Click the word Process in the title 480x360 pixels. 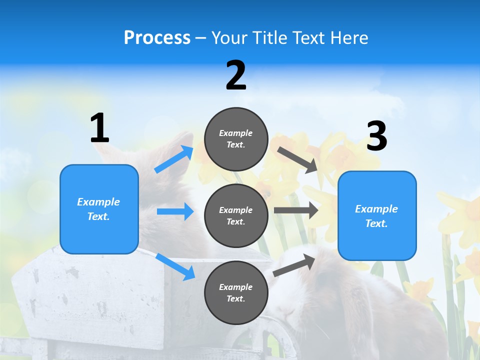pyautogui.click(x=157, y=38)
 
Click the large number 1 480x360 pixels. pyautogui.click(x=99, y=128)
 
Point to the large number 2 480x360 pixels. pyautogui.click(x=236, y=75)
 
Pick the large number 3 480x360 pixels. pyautogui.click(x=376, y=136)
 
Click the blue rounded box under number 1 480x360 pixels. pyautogui.click(x=99, y=209)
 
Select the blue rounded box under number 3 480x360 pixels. pyautogui.click(x=377, y=215)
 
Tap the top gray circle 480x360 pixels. pyautogui.click(x=236, y=139)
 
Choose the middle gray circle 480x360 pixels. pyautogui.click(x=236, y=215)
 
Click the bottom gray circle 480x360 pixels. pyautogui.click(x=236, y=292)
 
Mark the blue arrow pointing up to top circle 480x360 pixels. pyautogui.click(x=174, y=159)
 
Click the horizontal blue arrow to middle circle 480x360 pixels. pyautogui.click(x=175, y=211)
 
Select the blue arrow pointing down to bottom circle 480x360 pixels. pyautogui.click(x=175, y=266)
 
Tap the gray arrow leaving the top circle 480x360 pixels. pyautogui.click(x=297, y=160)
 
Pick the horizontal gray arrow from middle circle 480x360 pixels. pyautogui.click(x=295, y=210)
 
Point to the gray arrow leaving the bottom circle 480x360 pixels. pyautogui.click(x=294, y=265)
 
